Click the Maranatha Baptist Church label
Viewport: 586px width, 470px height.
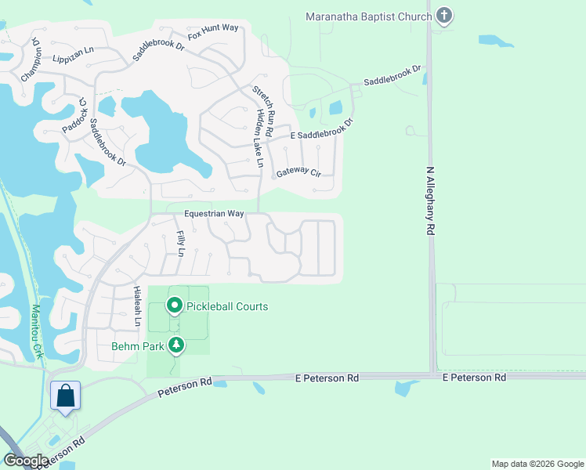pyautogui.click(x=369, y=16)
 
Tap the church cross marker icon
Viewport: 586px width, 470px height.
pyautogui.click(x=444, y=16)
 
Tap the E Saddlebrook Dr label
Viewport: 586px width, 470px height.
pyautogui.click(x=311, y=133)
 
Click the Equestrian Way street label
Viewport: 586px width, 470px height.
pyautogui.click(x=214, y=213)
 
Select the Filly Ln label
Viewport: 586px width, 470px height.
pyautogui.click(x=180, y=244)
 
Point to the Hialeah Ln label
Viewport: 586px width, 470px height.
pyautogui.click(x=137, y=305)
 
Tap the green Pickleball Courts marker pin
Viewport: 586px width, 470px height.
pyautogui.click(x=174, y=305)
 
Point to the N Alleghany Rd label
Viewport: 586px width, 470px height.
pyautogui.click(x=430, y=201)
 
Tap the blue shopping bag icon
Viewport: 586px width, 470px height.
pyautogui.click(x=65, y=395)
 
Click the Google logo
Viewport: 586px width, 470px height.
pyautogui.click(x=26, y=461)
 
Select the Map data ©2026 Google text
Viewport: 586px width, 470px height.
pyautogui.click(x=537, y=464)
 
